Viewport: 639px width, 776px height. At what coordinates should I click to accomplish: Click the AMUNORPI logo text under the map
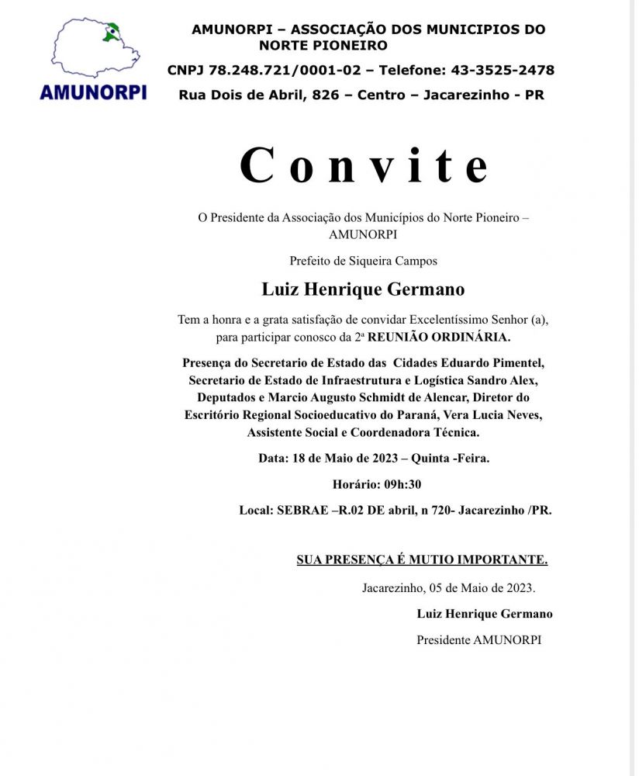(93, 92)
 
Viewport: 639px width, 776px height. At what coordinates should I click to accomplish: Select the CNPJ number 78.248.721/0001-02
(286, 71)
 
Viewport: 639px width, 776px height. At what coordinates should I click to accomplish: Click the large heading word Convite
(364, 165)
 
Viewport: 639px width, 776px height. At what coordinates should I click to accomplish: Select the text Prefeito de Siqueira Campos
(364, 261)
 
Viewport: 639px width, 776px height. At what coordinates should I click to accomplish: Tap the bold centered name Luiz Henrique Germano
(364, 289)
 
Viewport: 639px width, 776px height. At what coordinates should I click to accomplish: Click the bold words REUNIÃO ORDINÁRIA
(440, 338)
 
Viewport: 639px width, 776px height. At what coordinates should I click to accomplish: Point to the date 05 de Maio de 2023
(481, 587)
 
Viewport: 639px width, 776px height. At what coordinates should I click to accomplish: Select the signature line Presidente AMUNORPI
(478, 640)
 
